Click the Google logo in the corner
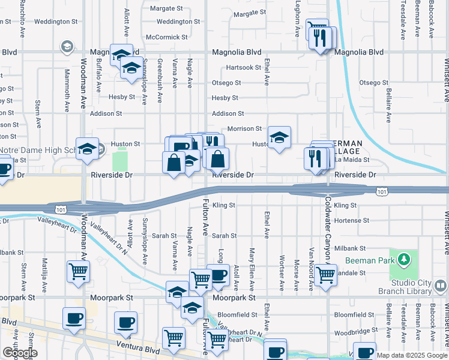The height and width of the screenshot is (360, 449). pyautogui.click(x=19, y=353)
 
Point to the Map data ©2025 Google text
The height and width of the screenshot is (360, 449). pyautogui.click(x=412, y=355)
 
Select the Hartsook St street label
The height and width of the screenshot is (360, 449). pyautogui.click(x=244, y=68)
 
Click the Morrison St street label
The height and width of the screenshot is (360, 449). pyautogui.click(x=244, y=128)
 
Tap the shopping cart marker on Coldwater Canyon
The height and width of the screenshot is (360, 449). pyautogui.click(x=325, y=275)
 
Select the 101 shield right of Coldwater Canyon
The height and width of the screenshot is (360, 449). pyautogui.click(x=381, y=191)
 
